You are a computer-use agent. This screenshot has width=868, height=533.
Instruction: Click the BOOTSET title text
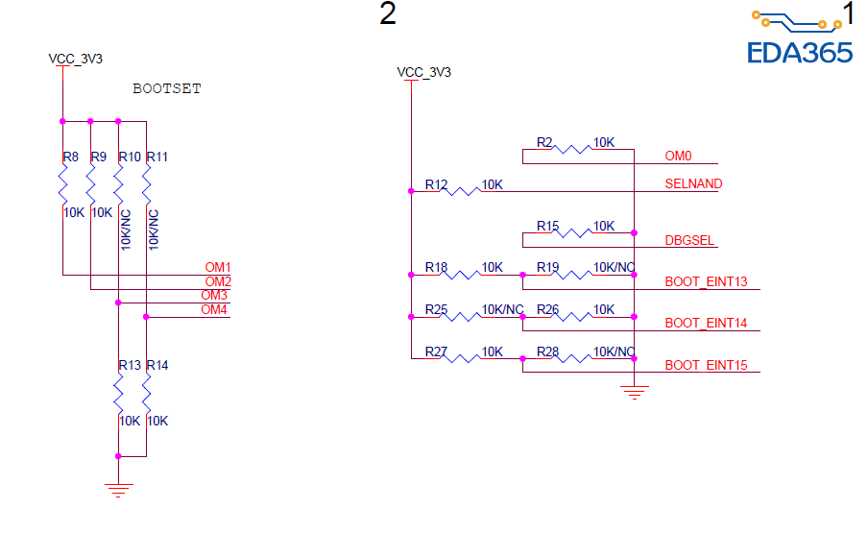167,88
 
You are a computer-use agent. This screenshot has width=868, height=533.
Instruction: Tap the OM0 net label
679,156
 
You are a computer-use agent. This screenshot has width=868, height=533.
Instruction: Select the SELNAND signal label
693,183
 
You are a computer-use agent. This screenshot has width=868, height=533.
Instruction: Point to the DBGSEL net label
689,240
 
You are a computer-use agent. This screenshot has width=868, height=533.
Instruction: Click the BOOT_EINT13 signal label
706,282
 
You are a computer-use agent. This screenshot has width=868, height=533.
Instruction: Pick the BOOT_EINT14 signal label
706,324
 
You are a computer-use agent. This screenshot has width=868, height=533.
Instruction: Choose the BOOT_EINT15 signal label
706,366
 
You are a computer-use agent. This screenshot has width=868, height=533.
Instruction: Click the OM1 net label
218,267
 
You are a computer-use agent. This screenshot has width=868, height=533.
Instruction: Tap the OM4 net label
214,309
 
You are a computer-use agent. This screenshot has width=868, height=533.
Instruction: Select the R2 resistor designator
545,142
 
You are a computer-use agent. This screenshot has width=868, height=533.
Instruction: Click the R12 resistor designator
437,183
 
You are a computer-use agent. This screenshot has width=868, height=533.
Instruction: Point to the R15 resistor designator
547,226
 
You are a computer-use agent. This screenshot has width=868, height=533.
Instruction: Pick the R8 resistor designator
70,157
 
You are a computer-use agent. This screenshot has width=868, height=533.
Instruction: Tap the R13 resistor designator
130,366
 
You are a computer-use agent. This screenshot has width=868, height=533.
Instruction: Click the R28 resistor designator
547,351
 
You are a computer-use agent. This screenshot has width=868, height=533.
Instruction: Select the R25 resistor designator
437,309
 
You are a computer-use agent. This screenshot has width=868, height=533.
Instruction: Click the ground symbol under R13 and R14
117,490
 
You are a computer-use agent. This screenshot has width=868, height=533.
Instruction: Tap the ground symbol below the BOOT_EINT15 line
634,392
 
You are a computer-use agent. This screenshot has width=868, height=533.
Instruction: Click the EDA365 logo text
800,52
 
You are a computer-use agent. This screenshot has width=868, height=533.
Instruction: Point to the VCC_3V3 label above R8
75,59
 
